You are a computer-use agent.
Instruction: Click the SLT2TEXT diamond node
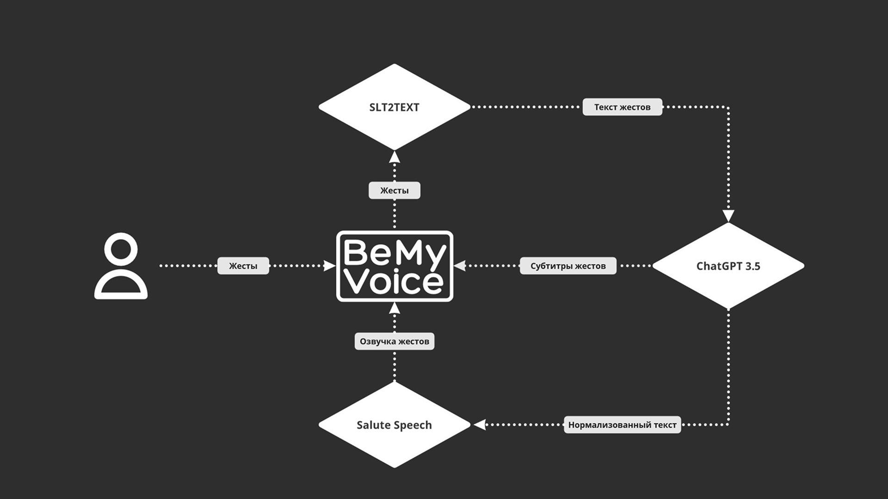394,107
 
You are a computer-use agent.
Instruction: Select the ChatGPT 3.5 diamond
728,266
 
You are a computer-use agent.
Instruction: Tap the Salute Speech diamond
394,425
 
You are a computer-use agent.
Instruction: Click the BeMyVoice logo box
395,266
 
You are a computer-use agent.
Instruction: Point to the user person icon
121,266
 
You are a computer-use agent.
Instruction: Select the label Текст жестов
622,107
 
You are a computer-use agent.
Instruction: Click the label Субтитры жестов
568,266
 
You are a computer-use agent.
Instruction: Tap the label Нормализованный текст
622,425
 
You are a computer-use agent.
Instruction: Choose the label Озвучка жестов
394,341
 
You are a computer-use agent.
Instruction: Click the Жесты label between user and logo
243,266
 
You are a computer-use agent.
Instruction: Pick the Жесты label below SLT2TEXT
394,190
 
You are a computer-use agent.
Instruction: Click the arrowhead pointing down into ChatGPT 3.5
728,216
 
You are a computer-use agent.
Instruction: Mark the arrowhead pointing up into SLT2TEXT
394,157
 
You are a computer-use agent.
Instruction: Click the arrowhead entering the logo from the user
329,266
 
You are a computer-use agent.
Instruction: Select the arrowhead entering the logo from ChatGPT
460,266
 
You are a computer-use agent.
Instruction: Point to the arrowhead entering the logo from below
394,308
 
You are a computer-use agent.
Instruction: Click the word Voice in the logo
394,282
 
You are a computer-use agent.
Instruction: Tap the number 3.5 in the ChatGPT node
752,266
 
